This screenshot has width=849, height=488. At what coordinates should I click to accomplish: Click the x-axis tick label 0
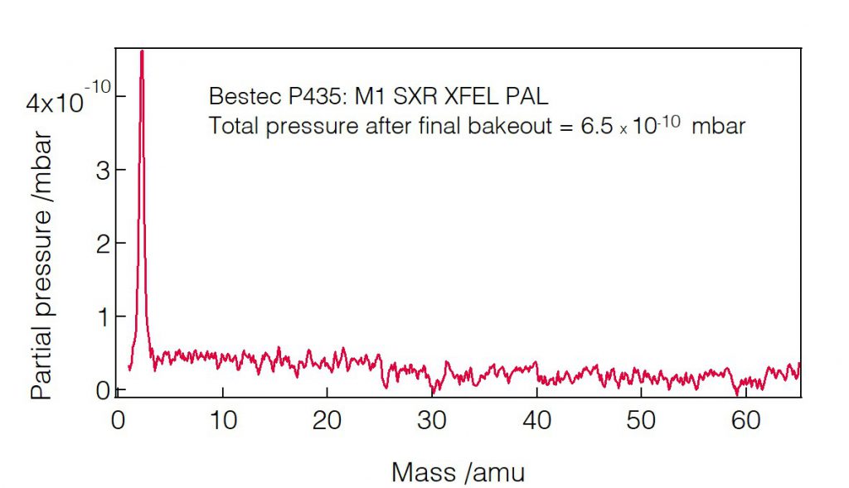point(117,422)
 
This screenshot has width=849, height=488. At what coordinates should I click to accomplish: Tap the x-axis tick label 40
point(536,422)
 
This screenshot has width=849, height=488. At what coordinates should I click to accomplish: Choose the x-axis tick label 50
point(641,422)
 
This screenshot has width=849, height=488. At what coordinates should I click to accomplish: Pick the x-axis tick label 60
point(745,422)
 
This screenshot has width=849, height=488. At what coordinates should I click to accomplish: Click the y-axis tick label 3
point(97,170)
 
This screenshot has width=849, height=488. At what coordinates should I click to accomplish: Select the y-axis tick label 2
point(97,243)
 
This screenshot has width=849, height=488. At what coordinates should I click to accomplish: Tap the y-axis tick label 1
point(98,316)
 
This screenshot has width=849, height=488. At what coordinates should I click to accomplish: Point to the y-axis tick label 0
point(97,389)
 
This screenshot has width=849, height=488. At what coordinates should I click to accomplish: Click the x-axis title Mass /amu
point(458,472)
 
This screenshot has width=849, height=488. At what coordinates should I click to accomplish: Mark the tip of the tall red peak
point(142,52)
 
